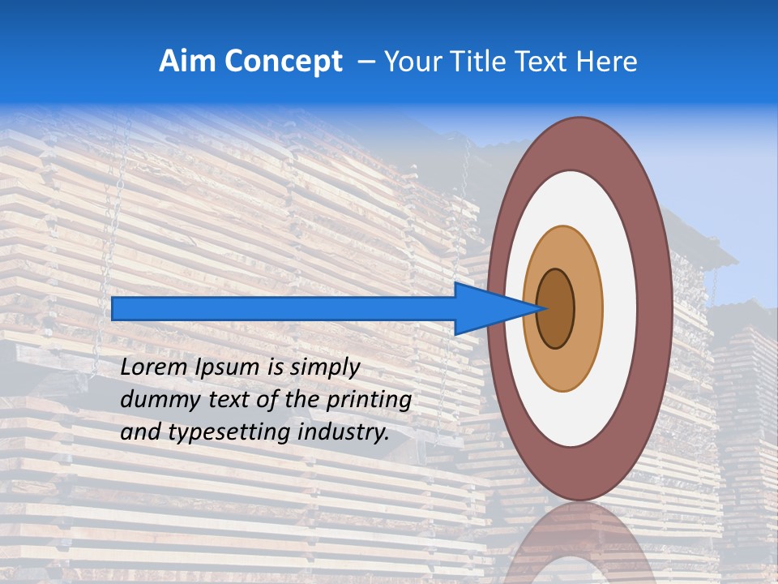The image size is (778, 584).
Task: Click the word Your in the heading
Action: [x=412, y=62]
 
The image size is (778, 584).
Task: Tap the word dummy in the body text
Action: [x=154, y=400]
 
